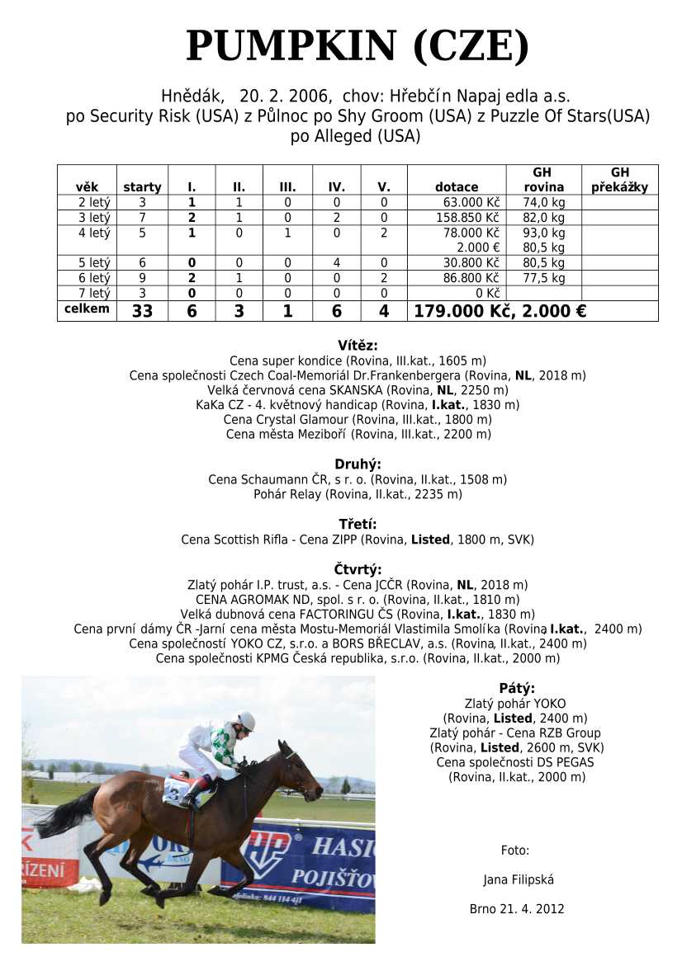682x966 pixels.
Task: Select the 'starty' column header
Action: point(142,187)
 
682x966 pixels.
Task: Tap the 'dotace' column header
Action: point(457,187)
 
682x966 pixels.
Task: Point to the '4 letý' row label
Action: point(93,233)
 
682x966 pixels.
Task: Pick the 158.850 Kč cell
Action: point(467,218)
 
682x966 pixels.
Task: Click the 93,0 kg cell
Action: point(543,233)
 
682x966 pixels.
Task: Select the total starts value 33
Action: point(142,311)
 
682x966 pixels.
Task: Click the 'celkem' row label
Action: point(87,309)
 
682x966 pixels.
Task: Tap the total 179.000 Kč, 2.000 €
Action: point(500,311)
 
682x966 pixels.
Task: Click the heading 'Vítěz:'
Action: point(358,346)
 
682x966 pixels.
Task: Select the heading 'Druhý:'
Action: point(358,464)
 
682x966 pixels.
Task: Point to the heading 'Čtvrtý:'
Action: point(358,569)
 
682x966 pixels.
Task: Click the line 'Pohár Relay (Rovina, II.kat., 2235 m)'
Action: point(358,494)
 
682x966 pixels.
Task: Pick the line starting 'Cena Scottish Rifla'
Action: point(358,540)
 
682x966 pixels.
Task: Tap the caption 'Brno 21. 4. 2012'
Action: point(517,909)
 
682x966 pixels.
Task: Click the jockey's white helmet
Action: point(245,720)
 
